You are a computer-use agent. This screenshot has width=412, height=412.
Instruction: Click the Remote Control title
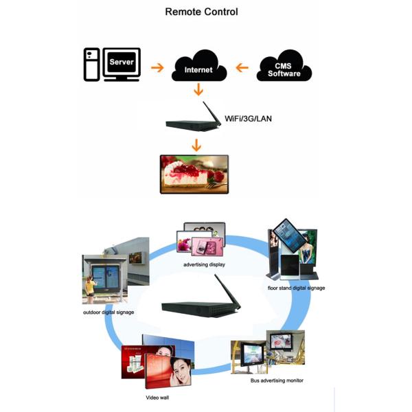202,12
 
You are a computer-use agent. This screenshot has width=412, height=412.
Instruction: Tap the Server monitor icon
122,64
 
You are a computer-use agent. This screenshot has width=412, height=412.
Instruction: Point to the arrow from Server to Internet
157,68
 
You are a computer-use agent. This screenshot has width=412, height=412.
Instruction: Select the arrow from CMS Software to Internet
241,68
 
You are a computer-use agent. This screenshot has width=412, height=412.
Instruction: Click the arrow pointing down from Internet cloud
198,89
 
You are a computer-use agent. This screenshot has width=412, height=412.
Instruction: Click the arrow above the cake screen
196,145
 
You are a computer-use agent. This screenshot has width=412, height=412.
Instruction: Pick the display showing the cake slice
194,172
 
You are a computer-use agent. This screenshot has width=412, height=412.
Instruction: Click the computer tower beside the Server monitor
91,65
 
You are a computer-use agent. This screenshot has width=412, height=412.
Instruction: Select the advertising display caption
204,264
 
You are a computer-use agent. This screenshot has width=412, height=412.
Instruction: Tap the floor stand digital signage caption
296,288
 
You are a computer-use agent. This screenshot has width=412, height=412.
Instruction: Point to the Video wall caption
157,397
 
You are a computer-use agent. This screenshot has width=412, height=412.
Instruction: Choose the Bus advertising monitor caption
277,380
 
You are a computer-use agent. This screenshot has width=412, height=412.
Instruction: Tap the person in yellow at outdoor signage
89,289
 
